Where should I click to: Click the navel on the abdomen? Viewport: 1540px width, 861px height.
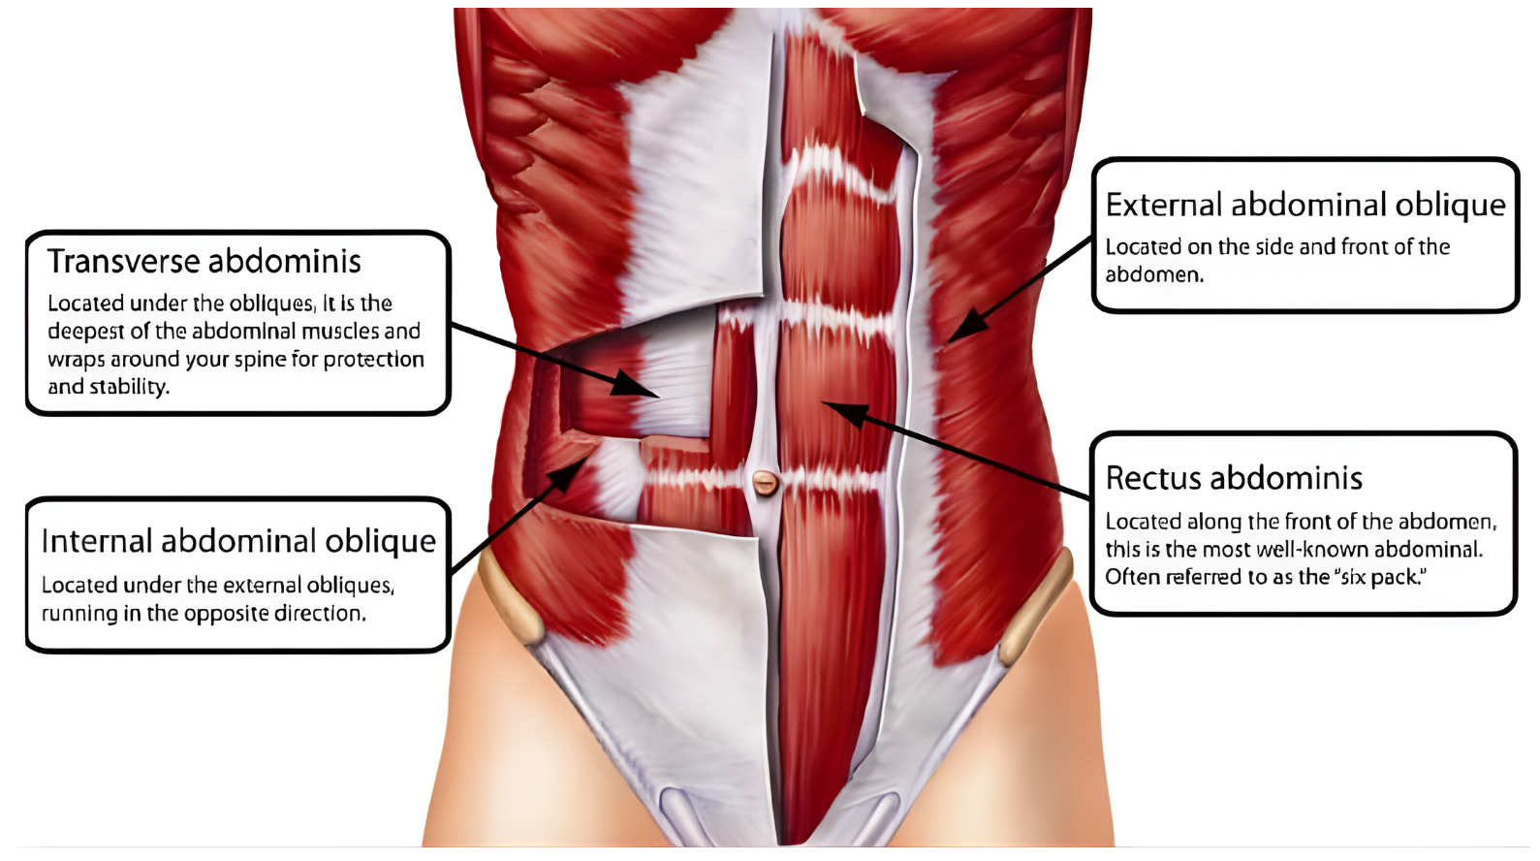765,481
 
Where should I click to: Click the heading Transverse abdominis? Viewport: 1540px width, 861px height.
204,262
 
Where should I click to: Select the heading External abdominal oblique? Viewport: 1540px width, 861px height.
1304,206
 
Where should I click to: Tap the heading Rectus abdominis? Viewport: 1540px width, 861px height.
1234,478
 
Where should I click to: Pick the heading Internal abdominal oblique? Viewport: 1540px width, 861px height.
238,541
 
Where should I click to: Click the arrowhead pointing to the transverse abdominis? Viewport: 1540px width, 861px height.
640,387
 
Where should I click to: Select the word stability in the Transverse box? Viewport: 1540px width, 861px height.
129,387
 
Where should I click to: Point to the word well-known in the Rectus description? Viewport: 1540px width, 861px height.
1326,550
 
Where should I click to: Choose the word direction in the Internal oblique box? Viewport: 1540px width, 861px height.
319,614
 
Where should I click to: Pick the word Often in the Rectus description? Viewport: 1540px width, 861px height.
1132,577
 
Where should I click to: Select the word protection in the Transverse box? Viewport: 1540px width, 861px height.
373,360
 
